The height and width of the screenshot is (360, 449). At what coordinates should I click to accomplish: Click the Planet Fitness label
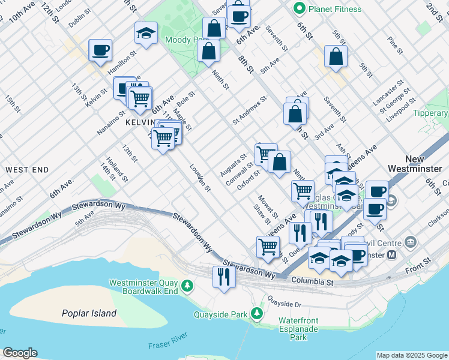click(x=335, y=9)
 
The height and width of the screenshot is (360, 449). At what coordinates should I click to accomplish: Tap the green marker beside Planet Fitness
click(x=298, y=8)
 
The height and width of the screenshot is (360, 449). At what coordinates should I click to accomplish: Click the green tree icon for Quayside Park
click(x=257, y=313)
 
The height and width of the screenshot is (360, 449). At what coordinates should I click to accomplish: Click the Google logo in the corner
click(x=20, y=353)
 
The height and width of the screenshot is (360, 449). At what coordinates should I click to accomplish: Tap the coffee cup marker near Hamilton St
click(x=100, y=50)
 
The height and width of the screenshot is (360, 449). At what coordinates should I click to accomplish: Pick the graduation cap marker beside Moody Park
click(x=145, y=34)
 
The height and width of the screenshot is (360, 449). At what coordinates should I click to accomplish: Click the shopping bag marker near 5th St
click(x=336, y=56)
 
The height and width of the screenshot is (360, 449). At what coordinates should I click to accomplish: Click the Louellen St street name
click(x=200, y=178)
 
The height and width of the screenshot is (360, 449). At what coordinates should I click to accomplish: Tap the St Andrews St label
click(x=249, y=110)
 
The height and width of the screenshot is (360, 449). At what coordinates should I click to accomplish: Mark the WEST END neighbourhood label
click(x=26, y=170)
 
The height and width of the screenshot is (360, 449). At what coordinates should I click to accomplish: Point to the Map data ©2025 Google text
click(x=411, y=355)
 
